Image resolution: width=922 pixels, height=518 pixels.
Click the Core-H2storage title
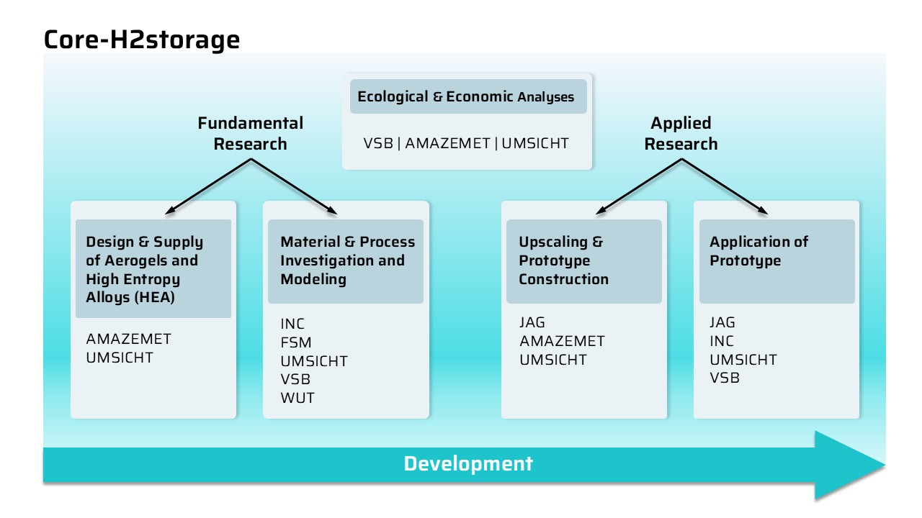click(x=142, y=40)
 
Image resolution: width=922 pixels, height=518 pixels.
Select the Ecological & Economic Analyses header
click(x=465, y=96)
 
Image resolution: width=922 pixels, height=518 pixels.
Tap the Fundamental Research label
click(x=250, y=133)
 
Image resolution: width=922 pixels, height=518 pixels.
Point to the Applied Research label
click(x=681, y=133)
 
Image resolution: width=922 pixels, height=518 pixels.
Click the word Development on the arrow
click(x=468, y=464)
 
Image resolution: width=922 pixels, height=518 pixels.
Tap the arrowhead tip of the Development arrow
click(x=885, y=465)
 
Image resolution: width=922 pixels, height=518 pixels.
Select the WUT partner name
click(x=297, y=398)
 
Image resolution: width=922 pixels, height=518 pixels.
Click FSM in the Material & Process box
click(x=296, y=342)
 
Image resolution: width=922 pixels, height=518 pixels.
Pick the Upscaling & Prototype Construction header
click(x=563, y=260)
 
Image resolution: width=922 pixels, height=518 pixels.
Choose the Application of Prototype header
click(x=758, y=251)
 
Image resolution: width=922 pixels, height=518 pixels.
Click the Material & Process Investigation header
click(x=347, y=260)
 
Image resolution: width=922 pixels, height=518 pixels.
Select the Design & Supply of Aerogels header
click(x=145, y=270)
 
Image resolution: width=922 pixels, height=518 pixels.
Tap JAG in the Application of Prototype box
click(x=722, y=322)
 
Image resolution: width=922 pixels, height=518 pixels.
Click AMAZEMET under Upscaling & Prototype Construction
click(x=562, y=341)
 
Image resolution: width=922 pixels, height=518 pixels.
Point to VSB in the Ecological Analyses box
click(x=378, y=143)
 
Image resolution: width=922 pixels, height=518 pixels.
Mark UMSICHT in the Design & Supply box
click(x=120, y=358)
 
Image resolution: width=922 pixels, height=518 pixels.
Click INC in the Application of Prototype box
click(x=722, y=341)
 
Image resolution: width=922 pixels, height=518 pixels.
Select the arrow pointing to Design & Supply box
click(x=208, y=186)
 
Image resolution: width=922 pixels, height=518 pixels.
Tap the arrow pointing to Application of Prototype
click(x=725, y=186)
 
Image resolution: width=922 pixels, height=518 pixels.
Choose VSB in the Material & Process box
click(x=295, y=379)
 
